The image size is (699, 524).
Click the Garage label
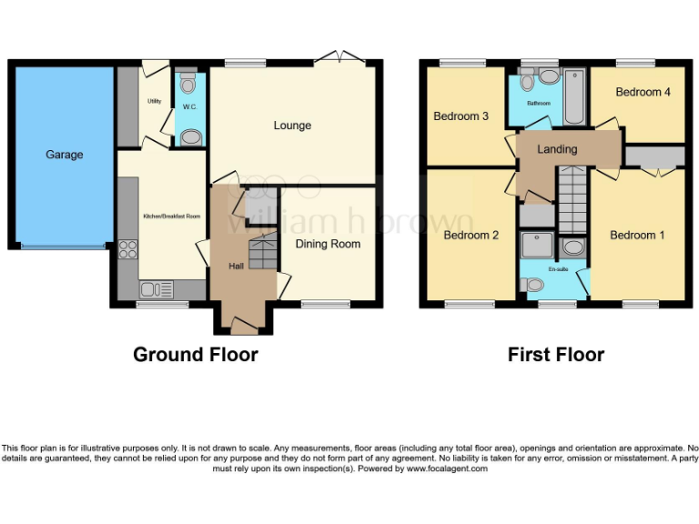[64, 155]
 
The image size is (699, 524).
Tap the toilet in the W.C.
[188, 85]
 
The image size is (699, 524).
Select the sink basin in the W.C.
[190, 137]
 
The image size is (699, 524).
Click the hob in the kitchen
[127, 249]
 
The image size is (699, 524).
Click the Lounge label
[292, 126]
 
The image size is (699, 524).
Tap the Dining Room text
[328, 244]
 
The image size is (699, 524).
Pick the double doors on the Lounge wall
[340, 58]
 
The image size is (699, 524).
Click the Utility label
[155, 101]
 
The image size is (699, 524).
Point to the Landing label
[557, 149]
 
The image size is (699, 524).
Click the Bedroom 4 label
[639, 92]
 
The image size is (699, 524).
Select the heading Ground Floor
[196, 355]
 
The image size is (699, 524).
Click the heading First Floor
[555, 355]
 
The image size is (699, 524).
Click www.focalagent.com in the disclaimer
[447, 469]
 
